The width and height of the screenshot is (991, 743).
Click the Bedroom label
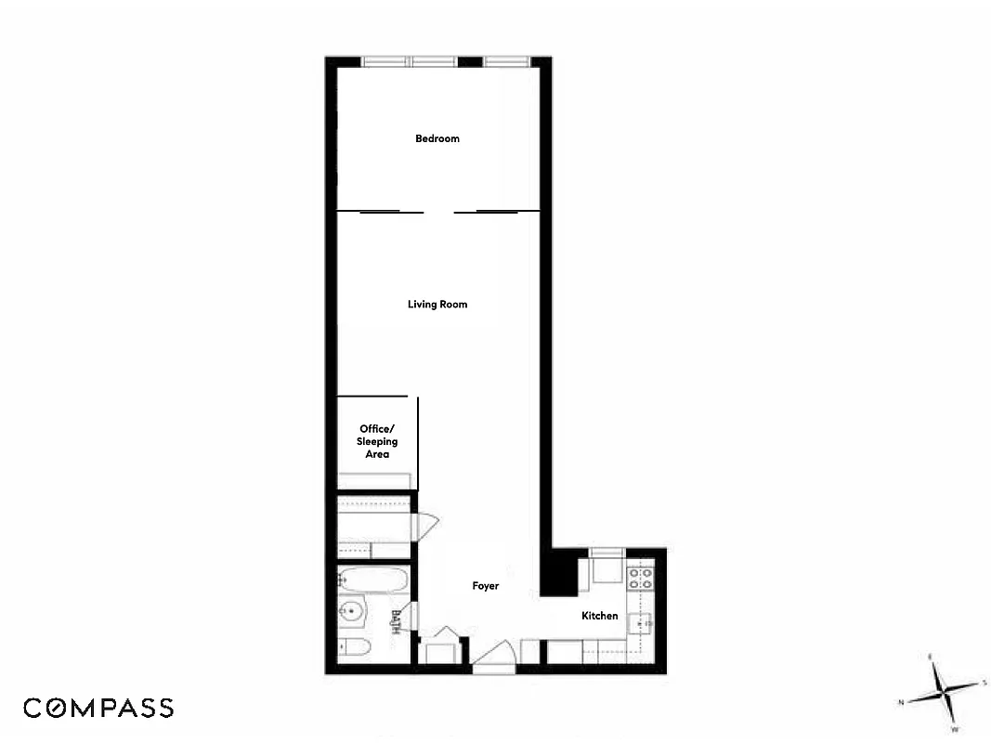click(437, 138)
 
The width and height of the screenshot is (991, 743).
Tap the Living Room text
click(437, 304)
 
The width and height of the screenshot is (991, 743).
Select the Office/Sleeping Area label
click(377, 441)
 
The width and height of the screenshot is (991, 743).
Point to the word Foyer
click(485, 586)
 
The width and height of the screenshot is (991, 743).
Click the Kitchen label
click(599, 616)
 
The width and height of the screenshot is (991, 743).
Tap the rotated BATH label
click(397, 619)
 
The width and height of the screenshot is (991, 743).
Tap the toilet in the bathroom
click(356, 646)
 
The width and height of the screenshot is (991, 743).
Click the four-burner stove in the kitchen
click(640, 579)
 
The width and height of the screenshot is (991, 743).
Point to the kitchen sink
click(641, 623)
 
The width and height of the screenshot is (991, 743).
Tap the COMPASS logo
click(98, 708)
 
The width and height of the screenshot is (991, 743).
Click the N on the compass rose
click(901, 703)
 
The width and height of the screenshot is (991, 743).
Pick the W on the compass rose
click(953, 729)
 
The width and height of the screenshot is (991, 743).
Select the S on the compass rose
click(984, 683)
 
